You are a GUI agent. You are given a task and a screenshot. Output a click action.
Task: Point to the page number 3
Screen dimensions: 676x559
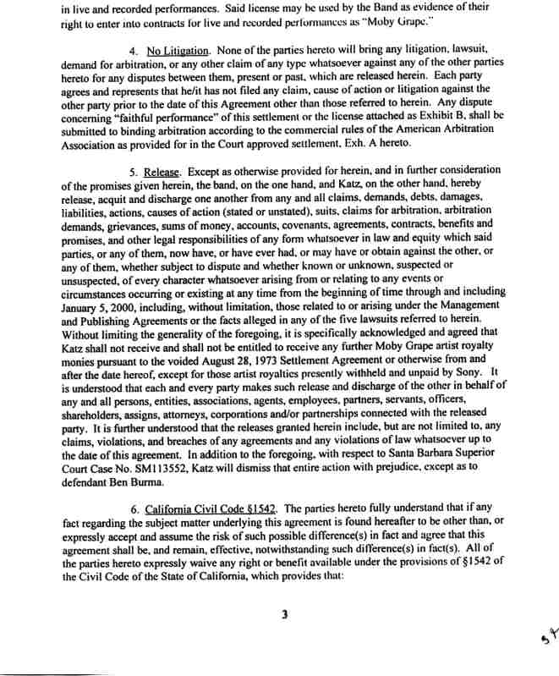point(286,615)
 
